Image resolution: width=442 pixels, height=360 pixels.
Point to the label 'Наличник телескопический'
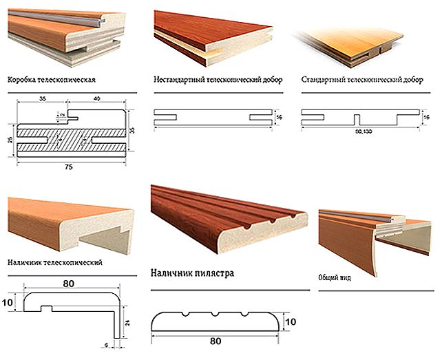54,262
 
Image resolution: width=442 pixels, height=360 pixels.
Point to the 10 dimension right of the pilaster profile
291,322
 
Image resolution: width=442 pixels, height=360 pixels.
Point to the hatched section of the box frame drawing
69,138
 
